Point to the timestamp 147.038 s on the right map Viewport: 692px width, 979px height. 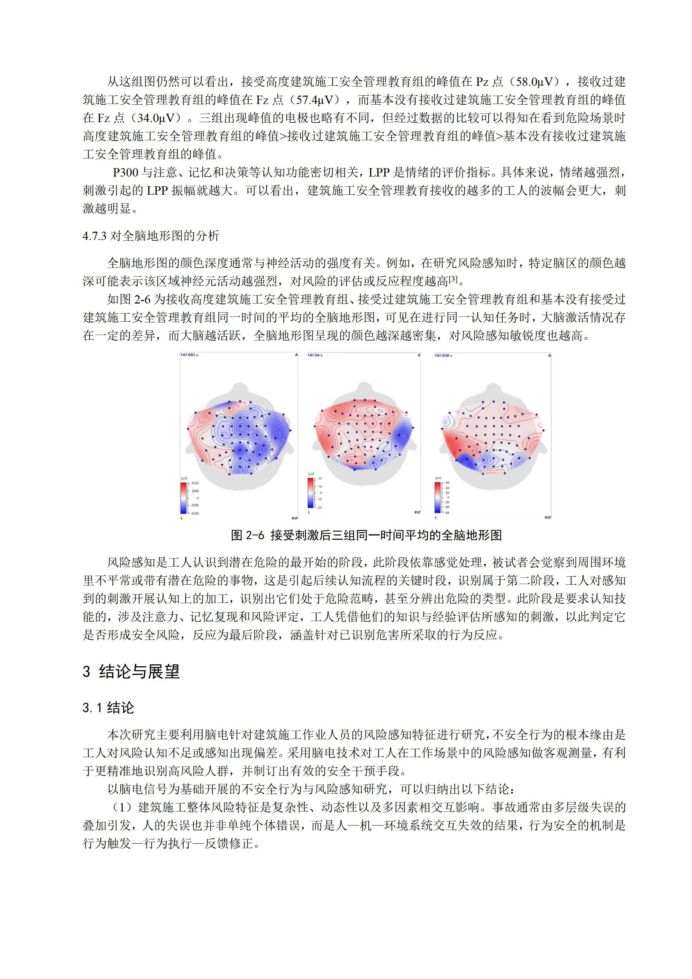click(443, 355)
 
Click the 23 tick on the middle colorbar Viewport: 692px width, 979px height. click(320, 479)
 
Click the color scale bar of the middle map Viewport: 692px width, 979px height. click(310, 493)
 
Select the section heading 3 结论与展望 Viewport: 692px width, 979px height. click(131, 672)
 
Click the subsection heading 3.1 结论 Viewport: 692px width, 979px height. click(108, 708)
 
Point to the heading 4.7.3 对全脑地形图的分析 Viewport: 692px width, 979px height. click(151, 236)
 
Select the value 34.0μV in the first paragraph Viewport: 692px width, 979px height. click(157, 118)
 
